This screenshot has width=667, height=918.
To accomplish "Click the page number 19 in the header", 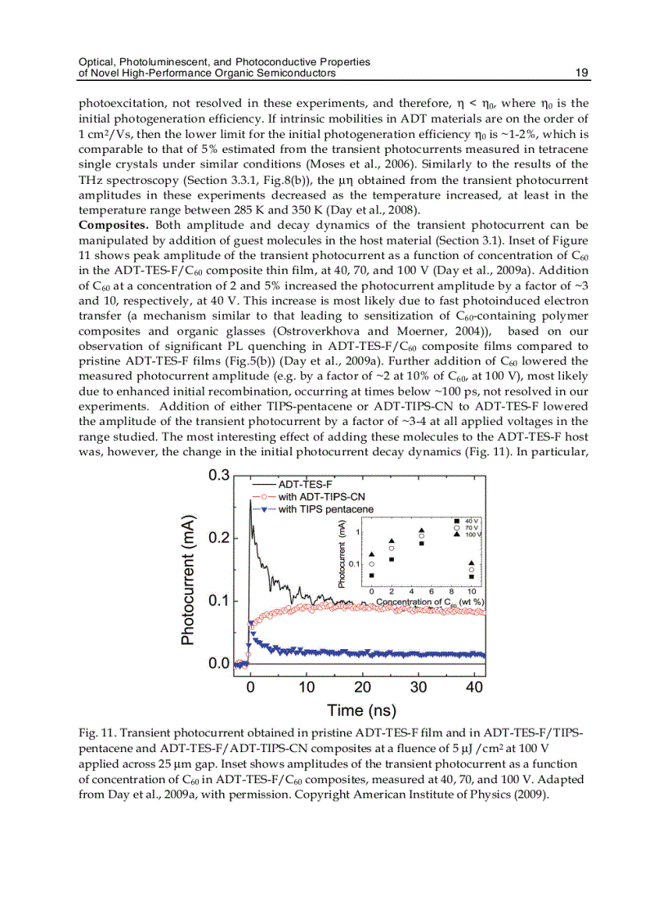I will [x=582, y=73].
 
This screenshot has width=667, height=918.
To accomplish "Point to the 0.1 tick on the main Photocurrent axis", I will [x=217, y=601].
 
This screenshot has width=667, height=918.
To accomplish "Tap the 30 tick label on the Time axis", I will [x=418, y=687].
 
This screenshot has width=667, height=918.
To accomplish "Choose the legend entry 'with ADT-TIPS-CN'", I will [x=320, y=497].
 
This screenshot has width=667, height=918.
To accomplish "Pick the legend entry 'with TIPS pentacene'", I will [x=325, y=509].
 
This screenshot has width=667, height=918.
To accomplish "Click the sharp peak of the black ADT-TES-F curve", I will [x=250, y=500].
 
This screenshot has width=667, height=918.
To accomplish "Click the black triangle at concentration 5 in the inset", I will [x=422, y=530].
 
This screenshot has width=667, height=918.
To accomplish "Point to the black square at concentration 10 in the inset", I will [x=471, y=576].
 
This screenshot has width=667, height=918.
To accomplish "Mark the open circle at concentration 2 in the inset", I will [x=392, y=549].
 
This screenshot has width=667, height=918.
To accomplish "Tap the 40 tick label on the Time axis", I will [x=474, y=687].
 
